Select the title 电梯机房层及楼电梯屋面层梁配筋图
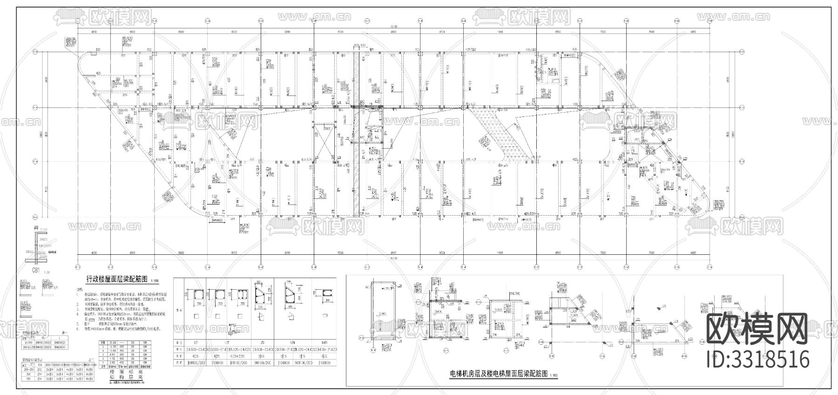pyautogui.click(x=498, y=374)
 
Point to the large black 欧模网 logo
pyautogui.click(x=757, y=329)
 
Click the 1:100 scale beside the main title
pyautogui.click(x=155, y=281)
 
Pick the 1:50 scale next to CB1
pyautogui.click(x=47, y=272)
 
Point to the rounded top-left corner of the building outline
pyautogui.click(x=84, y=61)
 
